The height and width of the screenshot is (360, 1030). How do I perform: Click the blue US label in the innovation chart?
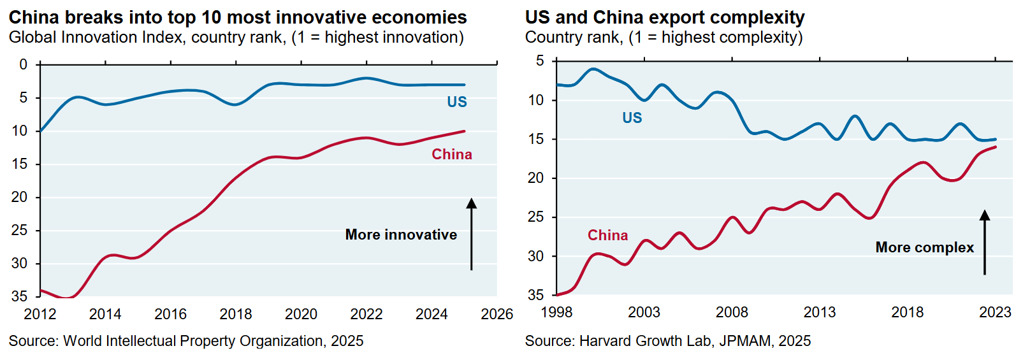tap(457, 102)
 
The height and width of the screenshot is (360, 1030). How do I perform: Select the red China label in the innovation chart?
tap(452, 154)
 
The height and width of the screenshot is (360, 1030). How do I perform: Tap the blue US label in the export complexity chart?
tap(632, 118)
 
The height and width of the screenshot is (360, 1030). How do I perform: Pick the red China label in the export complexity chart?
tap(607, 235)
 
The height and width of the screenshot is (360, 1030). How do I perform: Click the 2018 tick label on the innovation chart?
tap(236, 314)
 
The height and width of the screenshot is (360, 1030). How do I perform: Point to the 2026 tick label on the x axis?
tap(497, 314)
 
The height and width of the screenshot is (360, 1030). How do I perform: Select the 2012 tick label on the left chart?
tap(40, 314)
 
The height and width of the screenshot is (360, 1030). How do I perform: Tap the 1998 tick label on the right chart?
tap(556, 312)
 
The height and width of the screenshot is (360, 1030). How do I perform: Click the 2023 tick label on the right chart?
tap(995, 312)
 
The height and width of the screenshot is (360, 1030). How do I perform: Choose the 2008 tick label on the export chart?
tap(732, 312)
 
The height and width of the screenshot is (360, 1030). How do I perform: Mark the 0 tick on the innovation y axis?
tap(24, 64)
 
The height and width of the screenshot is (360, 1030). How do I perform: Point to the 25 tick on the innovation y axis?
tap(20, 230)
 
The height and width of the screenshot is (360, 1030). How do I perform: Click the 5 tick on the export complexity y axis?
tap(540, 61)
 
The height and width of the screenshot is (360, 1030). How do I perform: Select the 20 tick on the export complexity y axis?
tap(536, 178)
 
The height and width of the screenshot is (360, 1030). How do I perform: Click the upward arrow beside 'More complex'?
tap(985, 242)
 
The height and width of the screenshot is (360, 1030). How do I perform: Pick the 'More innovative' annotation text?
tap(401, 234)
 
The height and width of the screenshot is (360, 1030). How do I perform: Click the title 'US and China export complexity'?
tap(665, 17)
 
